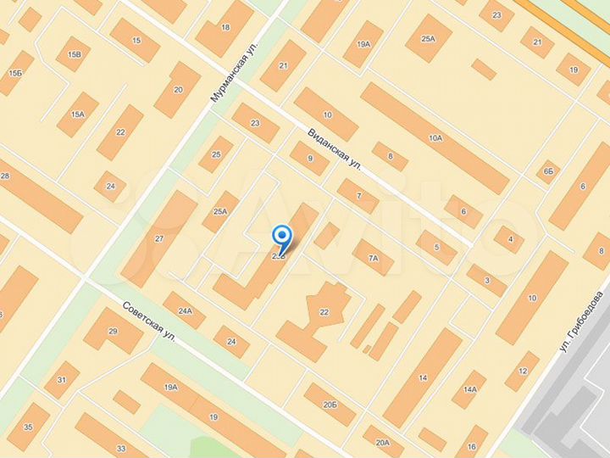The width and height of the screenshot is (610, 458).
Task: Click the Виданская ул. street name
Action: (x=335, y=148)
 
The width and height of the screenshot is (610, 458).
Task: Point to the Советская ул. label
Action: (x=148, y=321)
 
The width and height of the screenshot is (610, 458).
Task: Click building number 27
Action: (x=159, y=238)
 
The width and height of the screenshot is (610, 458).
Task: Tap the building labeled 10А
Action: (x=435, y=137)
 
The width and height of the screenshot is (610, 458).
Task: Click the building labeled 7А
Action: (x=373, y=258)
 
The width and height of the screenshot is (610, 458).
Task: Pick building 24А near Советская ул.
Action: (x=186, y=310)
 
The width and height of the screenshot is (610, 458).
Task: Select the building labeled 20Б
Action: (x=330, y=405)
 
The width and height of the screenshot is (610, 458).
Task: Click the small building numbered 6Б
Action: (x=548, y=172)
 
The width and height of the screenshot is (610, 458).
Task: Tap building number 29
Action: (x=114, y=331)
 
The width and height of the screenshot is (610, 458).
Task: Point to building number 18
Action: (x=225, y=28)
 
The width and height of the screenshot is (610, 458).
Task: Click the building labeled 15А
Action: (x=78, y=114)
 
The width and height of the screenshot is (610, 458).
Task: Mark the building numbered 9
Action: (x=310, y=159)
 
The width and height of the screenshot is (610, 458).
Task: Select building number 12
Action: (x=522, y=371)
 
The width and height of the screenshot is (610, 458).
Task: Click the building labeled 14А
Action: (x=469, y=390)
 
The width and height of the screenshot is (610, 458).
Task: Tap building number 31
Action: (x=62, y=379)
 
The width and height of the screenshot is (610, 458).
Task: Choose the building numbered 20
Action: (x=178, y=89)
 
